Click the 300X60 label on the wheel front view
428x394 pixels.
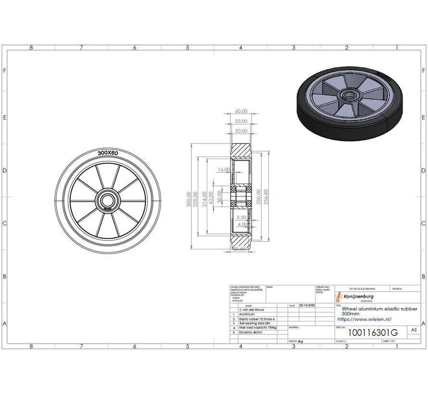(108, 152)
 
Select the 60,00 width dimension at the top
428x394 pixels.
(241, 111)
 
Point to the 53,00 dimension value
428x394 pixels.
(241, 121)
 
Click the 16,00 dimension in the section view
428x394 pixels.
(224, 170)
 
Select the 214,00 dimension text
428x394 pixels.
(205, 198)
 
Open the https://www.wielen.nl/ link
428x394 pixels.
(364, 319)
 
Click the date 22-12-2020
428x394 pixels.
(307, 305)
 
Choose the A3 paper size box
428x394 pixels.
(414, 330)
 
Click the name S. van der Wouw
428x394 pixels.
(253, 310)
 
